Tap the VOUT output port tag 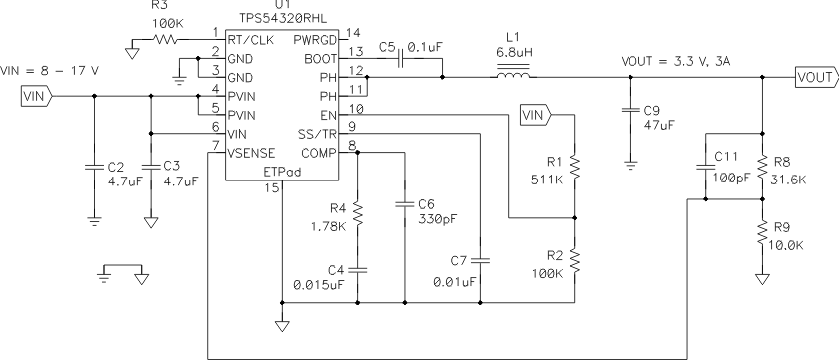pos(815,74)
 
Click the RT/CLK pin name pos(250,39)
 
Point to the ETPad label pos(283,171)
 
